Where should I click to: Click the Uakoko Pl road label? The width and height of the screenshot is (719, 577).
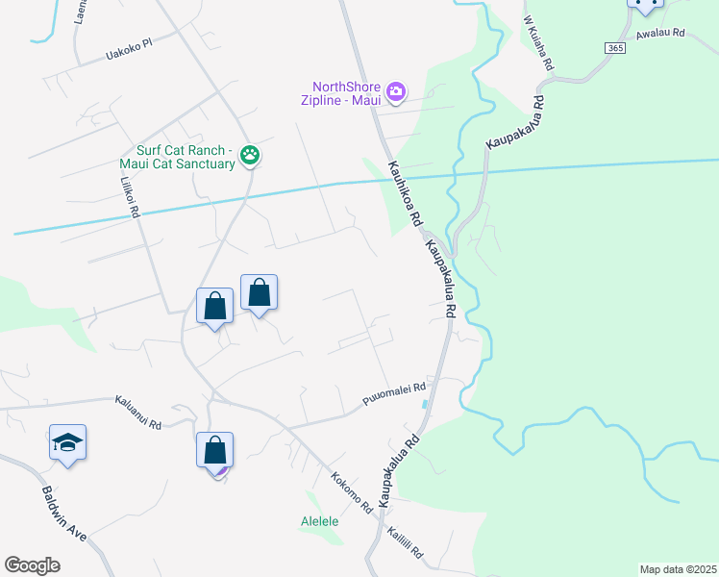point(128,56)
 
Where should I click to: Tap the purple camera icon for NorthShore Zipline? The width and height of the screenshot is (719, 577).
point(396,93)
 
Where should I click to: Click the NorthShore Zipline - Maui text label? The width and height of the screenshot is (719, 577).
point(346,93)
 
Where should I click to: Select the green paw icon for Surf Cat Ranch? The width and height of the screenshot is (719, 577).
point(250,154)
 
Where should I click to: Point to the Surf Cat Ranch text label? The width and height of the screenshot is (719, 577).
point(180,157)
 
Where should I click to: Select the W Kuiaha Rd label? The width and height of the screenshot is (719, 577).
point(539,41)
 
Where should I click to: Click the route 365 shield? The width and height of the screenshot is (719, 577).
point(615,47)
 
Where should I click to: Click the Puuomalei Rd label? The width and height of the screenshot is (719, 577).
point(394,392)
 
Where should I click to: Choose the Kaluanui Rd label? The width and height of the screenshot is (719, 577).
point(138,412)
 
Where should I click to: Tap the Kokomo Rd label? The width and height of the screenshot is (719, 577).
point(351,491)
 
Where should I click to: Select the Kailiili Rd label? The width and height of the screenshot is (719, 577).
point(405,543)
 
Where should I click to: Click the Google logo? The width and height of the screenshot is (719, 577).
point(33,565)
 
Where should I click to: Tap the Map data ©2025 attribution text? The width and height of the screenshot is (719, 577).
point(678,569)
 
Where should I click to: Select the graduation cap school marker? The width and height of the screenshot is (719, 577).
point(67,442)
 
